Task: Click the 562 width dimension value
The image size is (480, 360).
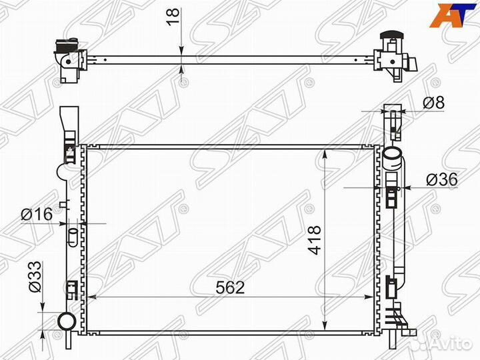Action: (230, 287)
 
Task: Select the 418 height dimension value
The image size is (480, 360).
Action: (315, 240)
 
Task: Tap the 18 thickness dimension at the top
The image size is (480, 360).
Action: (173, 17)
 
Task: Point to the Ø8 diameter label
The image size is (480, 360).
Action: (433, 103)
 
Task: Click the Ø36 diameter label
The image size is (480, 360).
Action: (442, 179)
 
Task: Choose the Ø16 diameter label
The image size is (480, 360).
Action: (37, 214)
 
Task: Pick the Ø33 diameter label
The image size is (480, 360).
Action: (35, 277)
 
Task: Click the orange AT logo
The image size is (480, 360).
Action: (451, 15)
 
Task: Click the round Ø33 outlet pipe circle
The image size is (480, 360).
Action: (67, 321)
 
